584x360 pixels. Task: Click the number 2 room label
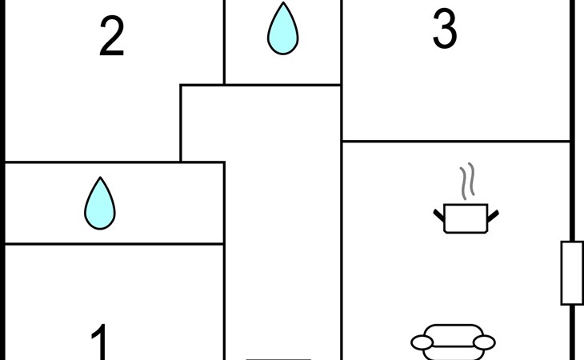tap(112, 36)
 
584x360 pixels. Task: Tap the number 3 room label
tap(445, 29)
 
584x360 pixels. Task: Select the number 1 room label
tap(100, 342)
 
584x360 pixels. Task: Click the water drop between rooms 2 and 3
tap(282, 29)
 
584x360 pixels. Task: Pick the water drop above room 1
tap(100, 203)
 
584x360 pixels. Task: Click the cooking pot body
tap(466, 218)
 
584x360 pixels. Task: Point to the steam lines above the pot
tap(467, 181)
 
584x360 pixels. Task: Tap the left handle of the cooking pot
tap(438, 216)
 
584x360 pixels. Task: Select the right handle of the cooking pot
tap(493, 216)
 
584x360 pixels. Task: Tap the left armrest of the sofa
tap(422, 342)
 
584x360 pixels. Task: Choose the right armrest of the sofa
tap(484, 342)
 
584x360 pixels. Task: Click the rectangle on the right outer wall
tap(572, 274)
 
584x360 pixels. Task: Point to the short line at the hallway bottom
tap(278, 359)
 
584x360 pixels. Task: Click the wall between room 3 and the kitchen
tap(456, 142)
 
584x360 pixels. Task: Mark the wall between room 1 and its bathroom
tap(114, 244)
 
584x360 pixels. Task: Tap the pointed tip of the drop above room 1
tap(100, 178)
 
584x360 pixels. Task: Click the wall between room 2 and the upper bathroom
tap(224, 42)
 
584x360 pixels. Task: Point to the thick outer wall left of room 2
tap(2, 81)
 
